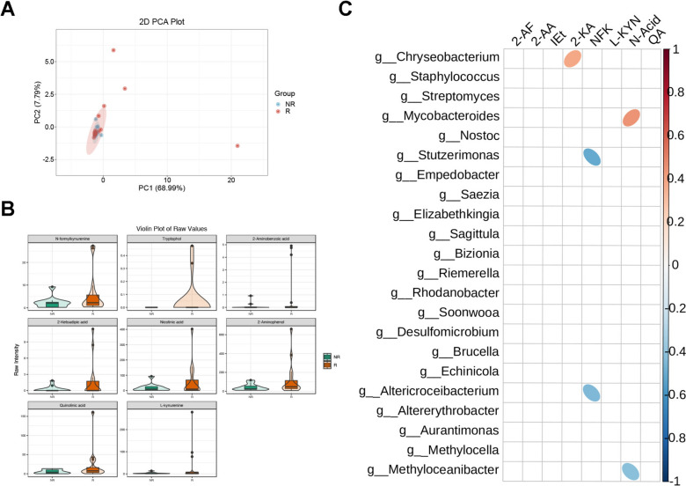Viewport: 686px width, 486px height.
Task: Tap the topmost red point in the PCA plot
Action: coord(113,51)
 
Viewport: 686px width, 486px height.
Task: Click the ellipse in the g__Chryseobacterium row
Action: coord(573,59)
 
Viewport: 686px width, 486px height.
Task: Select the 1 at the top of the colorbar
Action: coord(676,50)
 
